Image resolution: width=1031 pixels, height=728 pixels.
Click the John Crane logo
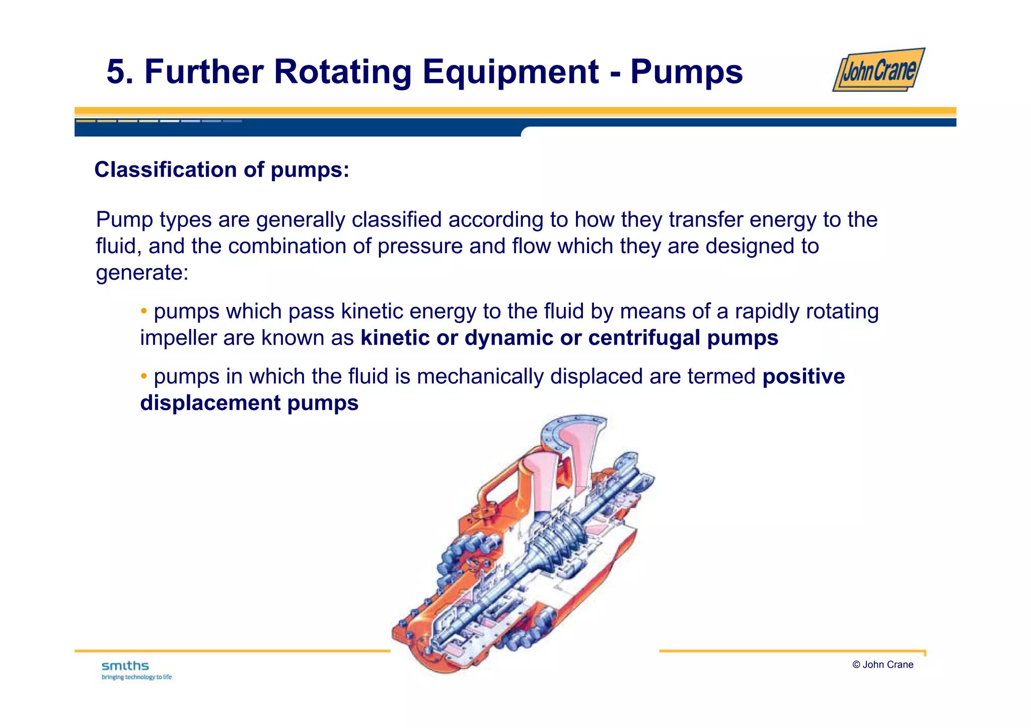click(x=878, y=70)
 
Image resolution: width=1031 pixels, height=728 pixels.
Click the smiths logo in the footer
click(x=125, y=666)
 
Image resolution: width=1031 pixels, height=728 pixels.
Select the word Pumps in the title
click(x=686, y=71)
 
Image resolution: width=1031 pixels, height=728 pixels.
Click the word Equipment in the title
click(x=510, y=71)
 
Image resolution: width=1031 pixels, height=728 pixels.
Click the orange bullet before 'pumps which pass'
click(x=144, y=311)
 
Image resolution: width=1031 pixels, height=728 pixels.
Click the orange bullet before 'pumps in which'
click(x=144, y=376)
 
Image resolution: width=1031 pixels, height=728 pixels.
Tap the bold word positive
click(x=803, y=376)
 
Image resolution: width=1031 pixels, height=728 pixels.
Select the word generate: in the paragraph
click(x=142, y=273)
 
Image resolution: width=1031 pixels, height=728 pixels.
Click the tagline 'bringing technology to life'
click(x=136, y=677)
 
